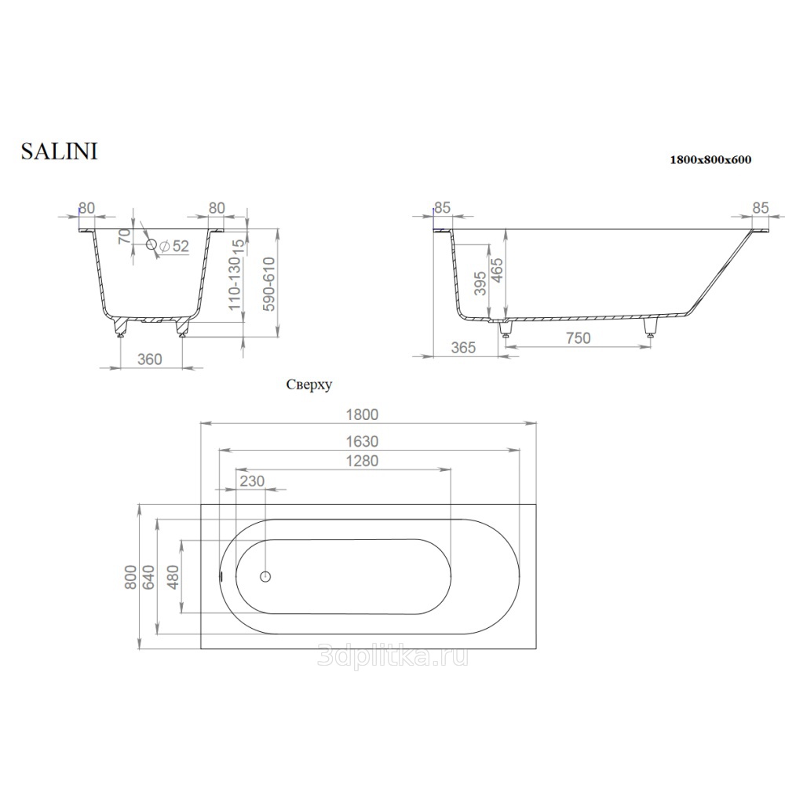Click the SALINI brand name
click(59, 152)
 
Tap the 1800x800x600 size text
click(710, 159)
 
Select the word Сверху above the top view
click(309, 385)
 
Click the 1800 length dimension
click(362, 414)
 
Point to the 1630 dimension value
click(362, 441)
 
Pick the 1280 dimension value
click(362, 461)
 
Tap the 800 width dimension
click(130, 577)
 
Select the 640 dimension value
click(149, 577)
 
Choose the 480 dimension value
click(173, 577)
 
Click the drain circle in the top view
click(265, 577)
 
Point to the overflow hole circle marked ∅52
click(152, 244)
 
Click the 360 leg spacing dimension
click(150, 359)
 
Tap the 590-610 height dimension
click(268, 284)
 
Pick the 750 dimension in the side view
click(579, 338)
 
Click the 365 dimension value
click(463, 348)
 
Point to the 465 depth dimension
click(497, 270)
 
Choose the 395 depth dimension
click(480, 283)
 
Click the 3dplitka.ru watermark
click(393, 655)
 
